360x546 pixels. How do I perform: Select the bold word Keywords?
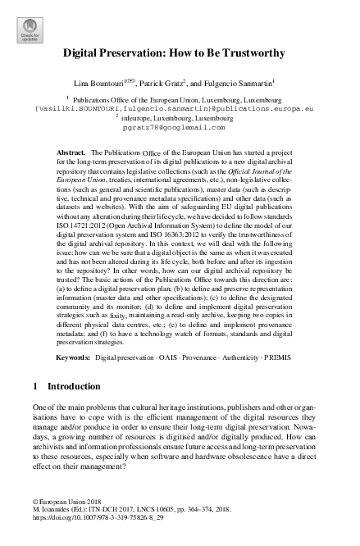(73, 358)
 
